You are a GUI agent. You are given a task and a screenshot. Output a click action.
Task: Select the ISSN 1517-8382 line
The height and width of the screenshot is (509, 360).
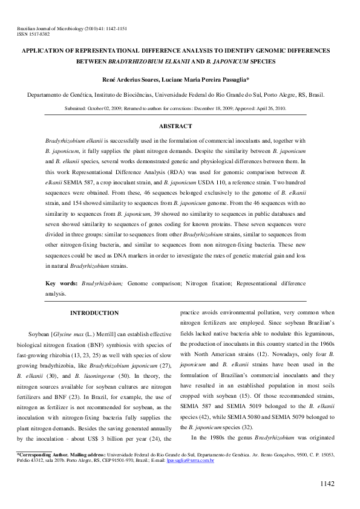click(x=33, y=34)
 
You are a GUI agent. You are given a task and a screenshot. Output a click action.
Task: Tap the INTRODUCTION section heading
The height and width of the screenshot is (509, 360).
click(x=94, y=313)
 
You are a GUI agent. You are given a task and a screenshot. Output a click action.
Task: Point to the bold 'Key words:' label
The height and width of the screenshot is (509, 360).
click(x=61, y=283)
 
